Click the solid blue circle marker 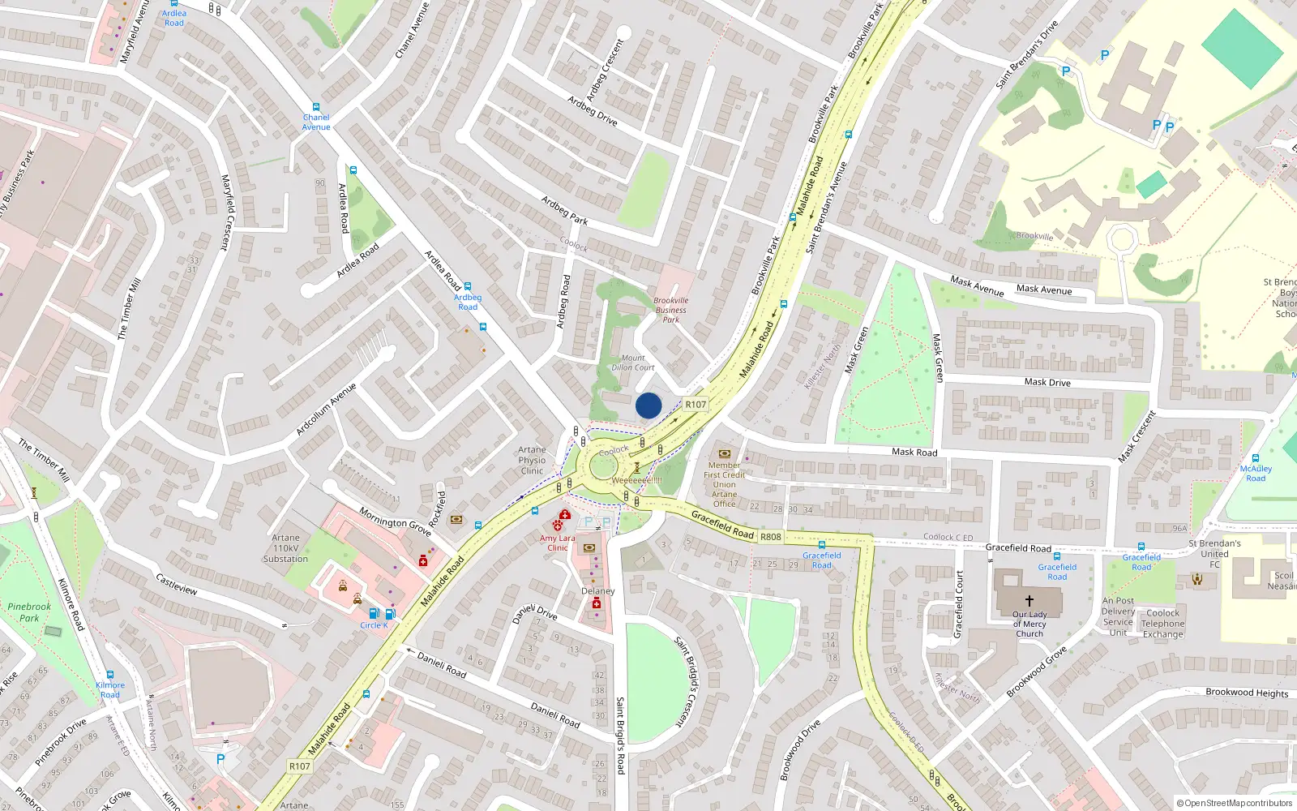tap(648, 405)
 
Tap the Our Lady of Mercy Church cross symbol tap(1029, 601)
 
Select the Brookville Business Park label tap(670, 310)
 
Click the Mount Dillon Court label tap(633, 363)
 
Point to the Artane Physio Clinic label tap(532, 460)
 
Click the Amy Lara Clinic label tap(558, 543)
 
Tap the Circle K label tap(374, 625)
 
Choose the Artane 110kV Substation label tap(285, 548)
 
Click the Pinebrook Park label tap(29, 612)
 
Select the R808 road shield tap(771, 536)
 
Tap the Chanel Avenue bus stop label tap(316, 122)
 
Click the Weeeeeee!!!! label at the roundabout tap(636, 480)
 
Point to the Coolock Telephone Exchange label tap(1163, 624)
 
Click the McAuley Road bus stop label tap(1256, 474)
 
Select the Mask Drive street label tap(1047, 382)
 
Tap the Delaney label tap(598, 591)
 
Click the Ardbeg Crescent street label tap(605, 71)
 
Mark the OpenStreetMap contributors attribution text tap(1235, 803)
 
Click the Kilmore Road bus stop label tap(110, 689)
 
